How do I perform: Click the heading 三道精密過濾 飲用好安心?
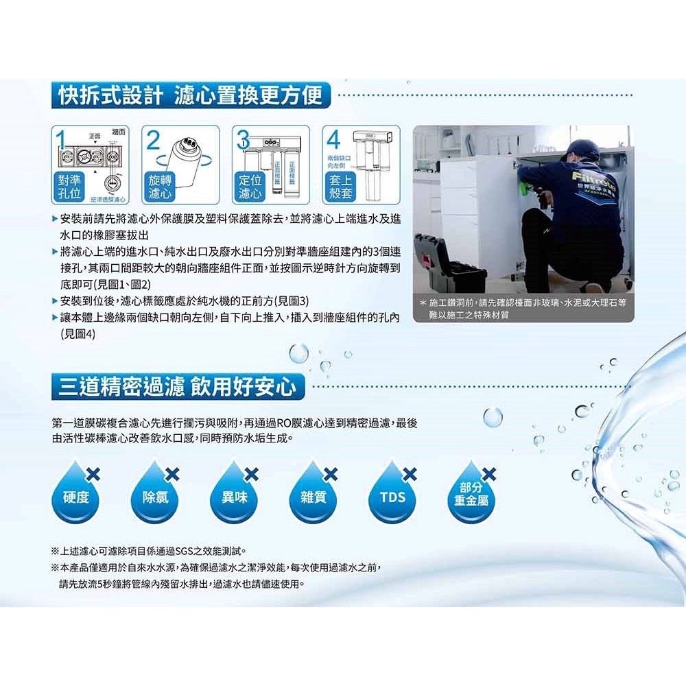coord(178,387)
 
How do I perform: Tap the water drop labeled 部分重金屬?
coord(471,495)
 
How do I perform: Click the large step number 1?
coord(62,141)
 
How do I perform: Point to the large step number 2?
coord(153,141)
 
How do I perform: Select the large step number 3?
coord(242,141)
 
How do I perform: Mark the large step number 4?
coord(333,141)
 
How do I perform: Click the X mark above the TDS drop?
coord(410,473)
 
